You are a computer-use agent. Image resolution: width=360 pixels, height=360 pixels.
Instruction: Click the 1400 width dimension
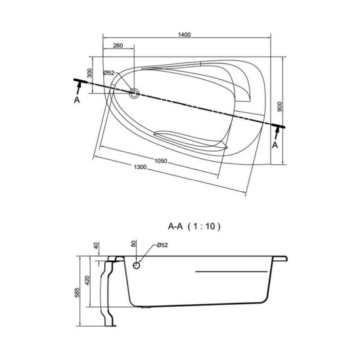(185, 35)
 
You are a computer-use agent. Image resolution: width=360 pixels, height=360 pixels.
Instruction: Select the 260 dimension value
(118, 45)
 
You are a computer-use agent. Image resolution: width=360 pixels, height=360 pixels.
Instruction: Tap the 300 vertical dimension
(90, 73)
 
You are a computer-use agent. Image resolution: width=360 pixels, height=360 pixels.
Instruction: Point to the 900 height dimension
(280, 106)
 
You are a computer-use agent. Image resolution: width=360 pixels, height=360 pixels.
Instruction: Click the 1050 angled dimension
(160, 161)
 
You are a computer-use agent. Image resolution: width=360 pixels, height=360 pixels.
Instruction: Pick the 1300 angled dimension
(140, 167)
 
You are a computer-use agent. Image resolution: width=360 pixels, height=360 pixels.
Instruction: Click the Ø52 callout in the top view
(109, 73)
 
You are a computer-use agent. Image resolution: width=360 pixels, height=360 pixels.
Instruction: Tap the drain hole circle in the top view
(134, 93)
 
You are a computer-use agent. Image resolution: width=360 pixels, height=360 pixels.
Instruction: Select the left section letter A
(77, 100)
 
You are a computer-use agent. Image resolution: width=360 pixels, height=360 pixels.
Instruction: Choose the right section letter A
(275, 145)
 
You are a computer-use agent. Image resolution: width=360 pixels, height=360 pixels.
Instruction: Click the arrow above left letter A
(79, 88)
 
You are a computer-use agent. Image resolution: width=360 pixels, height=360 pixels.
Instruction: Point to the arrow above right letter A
(277, 133)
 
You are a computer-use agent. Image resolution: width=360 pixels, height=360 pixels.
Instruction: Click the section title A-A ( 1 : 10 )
(194, 227)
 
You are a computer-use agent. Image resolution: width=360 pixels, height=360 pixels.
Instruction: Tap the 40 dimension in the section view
(96, 246)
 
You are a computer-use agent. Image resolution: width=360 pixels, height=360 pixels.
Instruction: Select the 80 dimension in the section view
(133, 243)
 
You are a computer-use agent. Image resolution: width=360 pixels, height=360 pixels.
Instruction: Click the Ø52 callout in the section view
(162, 245)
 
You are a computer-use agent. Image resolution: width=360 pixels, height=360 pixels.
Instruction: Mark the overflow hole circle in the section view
(137, 265)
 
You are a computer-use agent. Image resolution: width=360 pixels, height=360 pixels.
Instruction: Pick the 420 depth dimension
(87, 281)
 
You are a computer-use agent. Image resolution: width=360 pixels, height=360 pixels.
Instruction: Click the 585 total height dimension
(77, 292)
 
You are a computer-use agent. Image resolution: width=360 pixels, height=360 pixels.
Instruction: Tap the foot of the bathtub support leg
(110, 325)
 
